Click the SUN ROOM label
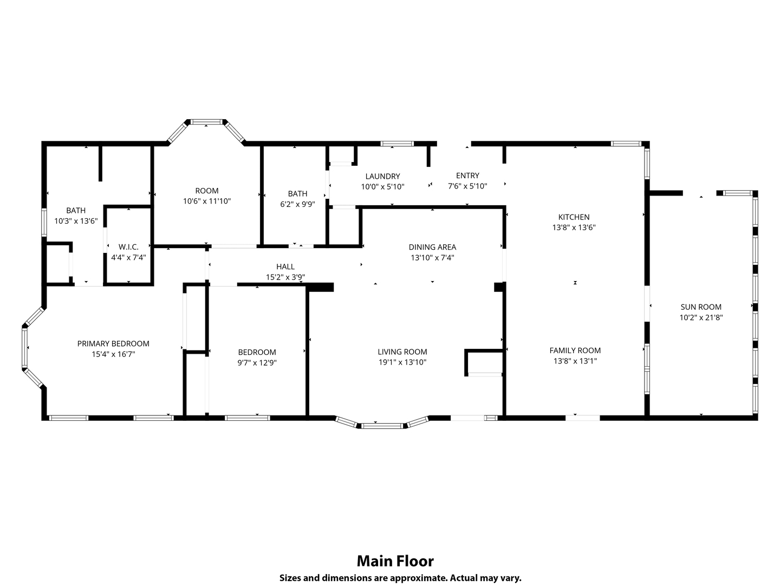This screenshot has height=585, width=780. [x=701, y=307]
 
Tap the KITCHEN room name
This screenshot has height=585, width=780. [x=574, y=217]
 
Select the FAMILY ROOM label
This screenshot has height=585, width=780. [x=575, y=350]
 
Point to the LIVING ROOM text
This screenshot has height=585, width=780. [x=402, y=352]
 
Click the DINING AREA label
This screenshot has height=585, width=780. [x=432, y=247]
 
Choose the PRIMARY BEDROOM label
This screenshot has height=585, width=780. [x=113, y=343]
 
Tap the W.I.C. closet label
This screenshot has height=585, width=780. [x=128, y=247]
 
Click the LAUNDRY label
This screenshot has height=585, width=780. [x=383, y=176]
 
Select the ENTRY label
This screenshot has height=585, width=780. [x=467, y=175]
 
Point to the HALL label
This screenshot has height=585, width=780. [x=285, y=266]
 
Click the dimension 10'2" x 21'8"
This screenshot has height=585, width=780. [x=701, y=317]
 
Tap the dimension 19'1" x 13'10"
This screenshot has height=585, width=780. [x=402, y=362]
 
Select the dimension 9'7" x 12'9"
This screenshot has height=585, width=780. [x=257, y=363]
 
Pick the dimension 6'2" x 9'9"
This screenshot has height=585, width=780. [x=297, y=204]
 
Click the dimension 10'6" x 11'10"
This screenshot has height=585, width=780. [x=207, y=201]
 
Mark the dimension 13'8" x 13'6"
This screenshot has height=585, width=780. [x=574, y=227]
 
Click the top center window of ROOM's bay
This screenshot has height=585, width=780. [x=207, y=122]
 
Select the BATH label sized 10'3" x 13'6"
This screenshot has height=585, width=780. [x=76, y=210]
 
